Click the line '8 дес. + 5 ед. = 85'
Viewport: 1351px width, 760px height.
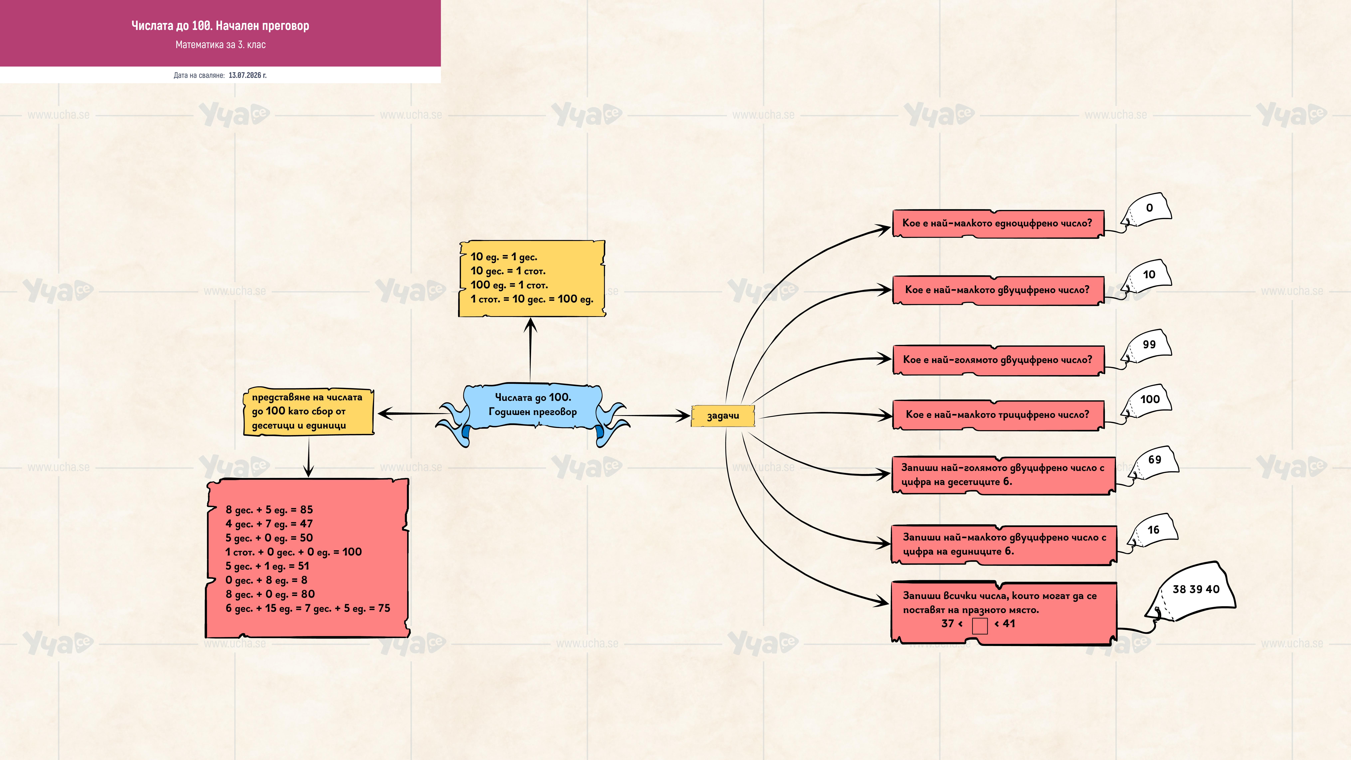[x=269, y=510]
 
